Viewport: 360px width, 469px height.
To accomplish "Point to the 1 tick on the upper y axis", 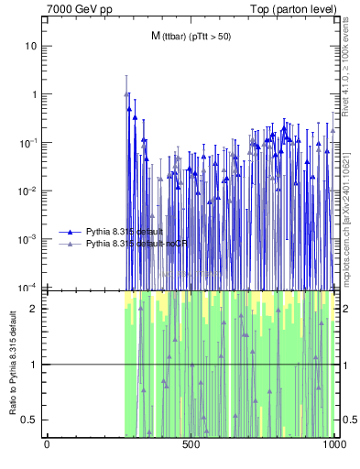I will [x=34, y=94].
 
